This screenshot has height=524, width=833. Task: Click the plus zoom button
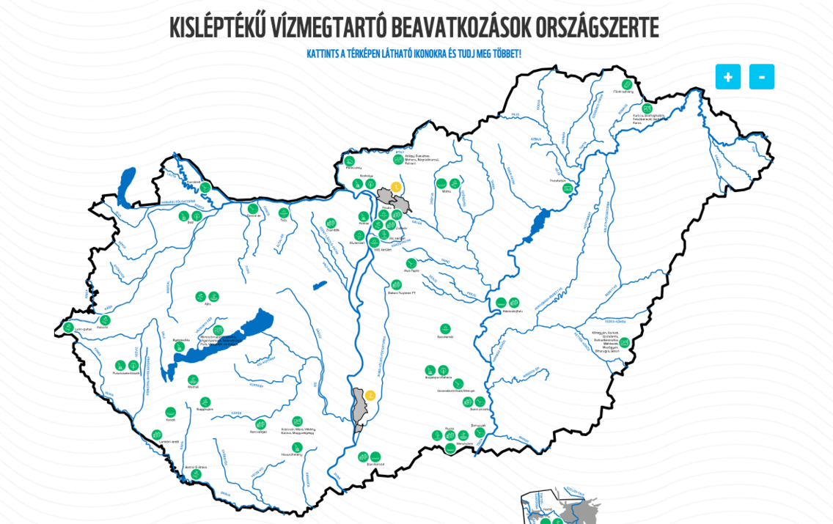(x=727, y=77)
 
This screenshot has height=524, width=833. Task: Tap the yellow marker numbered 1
(x=396, y=187)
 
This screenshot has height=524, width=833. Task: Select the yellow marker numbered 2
(x=370, y=396)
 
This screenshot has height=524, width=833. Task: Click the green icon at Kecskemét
(x=445, y=329)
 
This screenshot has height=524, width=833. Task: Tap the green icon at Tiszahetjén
(x=568, y=188)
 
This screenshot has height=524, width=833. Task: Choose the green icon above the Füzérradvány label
(x=627, y=84)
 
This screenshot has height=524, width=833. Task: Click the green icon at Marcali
(x=193, y=380)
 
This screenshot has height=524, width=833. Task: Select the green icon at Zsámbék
(x=331, y=223)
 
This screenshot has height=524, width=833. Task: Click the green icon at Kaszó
(x=171, y=412)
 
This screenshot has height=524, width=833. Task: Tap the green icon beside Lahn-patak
(x=68, y=327)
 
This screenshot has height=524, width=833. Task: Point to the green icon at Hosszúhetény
(x=297, y=447)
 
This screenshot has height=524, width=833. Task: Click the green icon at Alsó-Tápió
(x=411, y=263)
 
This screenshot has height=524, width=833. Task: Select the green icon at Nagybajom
(x=205, y=402)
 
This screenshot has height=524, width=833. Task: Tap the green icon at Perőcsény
(x=350, y=161)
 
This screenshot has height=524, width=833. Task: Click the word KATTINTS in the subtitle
(x=324, y=54)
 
